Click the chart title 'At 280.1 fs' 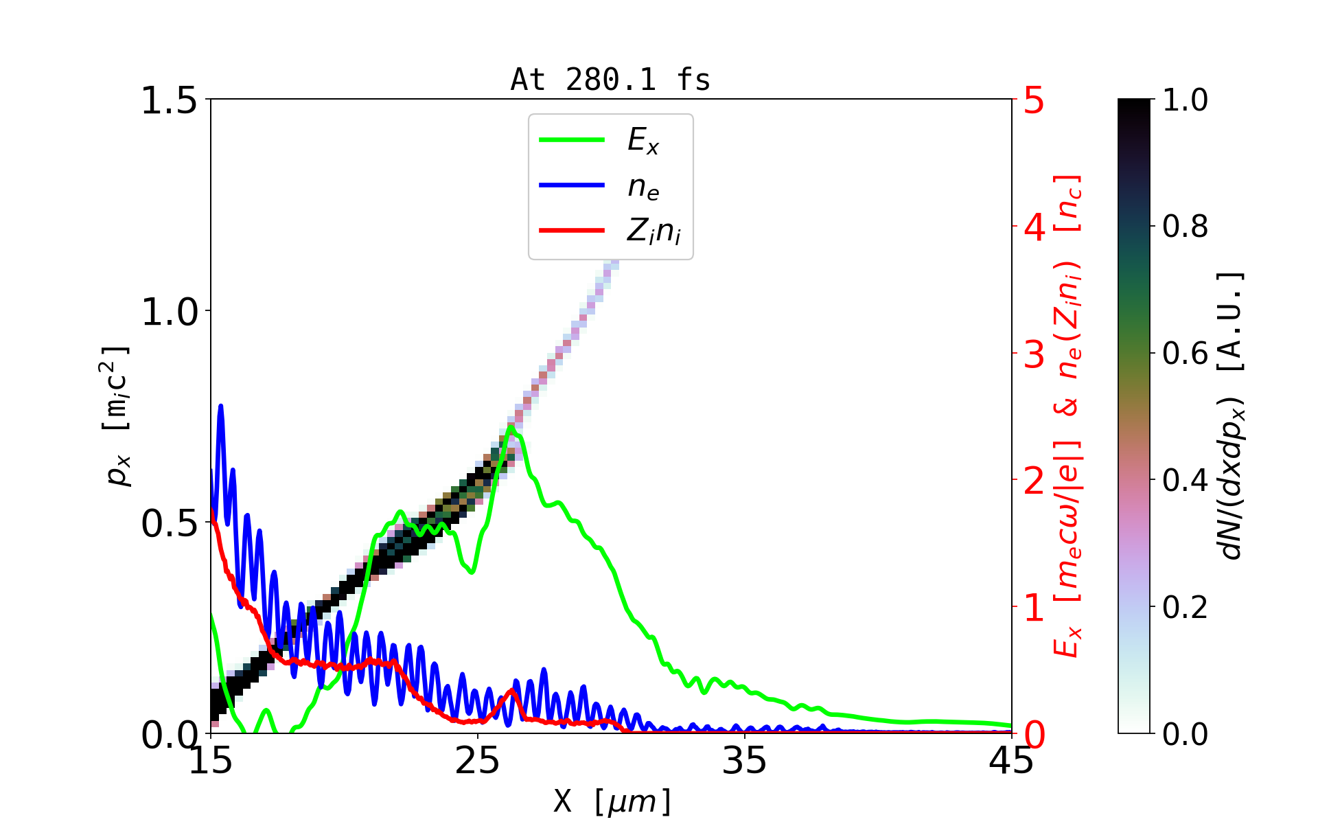(610, 80)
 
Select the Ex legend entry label (643, 141)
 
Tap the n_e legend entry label (643, 187)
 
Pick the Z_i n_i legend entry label (654, 231)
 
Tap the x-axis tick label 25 (478, 761)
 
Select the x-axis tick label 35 (745, 761)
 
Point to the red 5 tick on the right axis (1034, 101)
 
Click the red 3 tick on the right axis (1034, 355)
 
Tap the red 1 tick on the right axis (1034, 608)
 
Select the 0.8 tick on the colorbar (1185, 226)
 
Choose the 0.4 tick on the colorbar (1185, 480)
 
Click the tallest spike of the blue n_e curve (220, 406)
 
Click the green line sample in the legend (572, 140)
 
